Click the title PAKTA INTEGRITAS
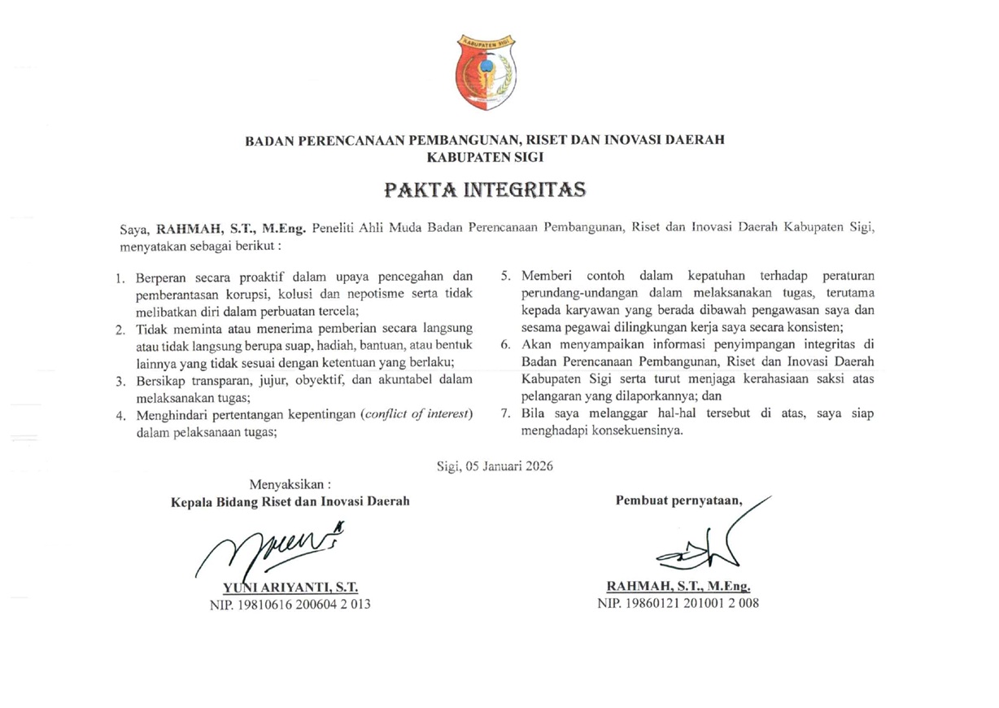(x=485, y=190)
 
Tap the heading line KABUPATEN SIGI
(x=485, y=155)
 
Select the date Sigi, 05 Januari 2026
(x=494, y=465)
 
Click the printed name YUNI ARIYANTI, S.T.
(x=290, y=586)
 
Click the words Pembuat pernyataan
(x=679, y=500)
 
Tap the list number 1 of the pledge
(x=120, y=278)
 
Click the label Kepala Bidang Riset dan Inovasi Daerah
(x=290, y=501)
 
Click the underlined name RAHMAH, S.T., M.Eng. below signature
(x=678, y=586)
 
